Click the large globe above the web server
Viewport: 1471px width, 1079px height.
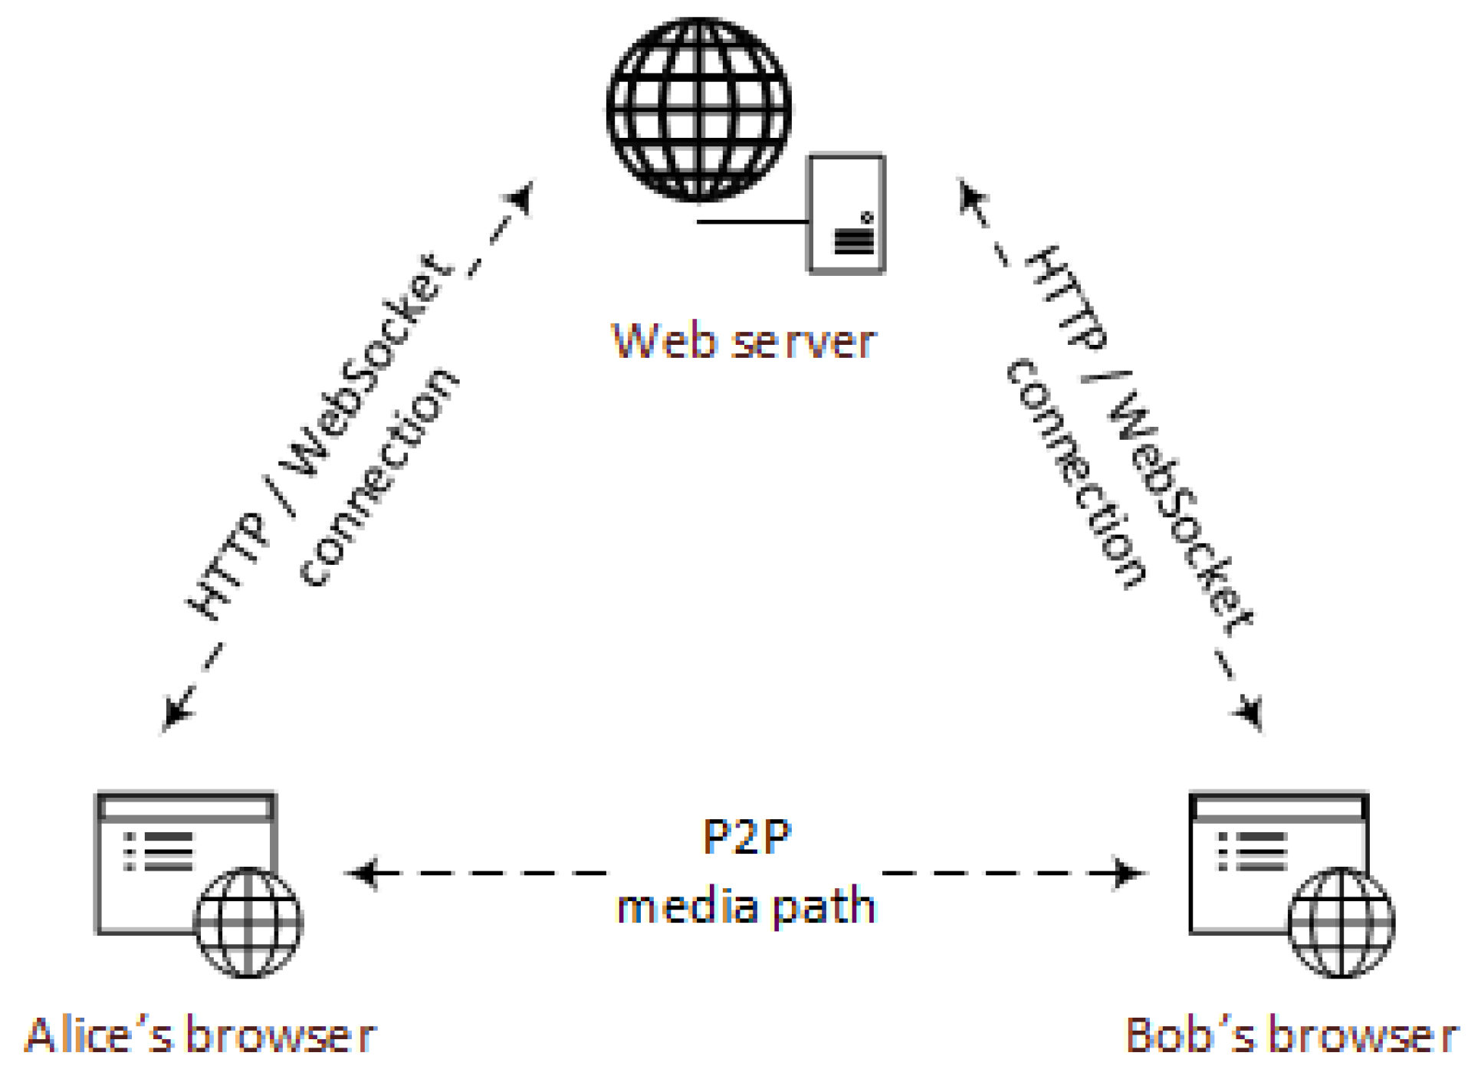(x=698, y=110)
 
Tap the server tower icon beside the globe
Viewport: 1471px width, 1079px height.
(x=846, y=214)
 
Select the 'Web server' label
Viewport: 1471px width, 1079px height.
(x=743, y=341)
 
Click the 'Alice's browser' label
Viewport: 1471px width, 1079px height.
(x=200, y=1035)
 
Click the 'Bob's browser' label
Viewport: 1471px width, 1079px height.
(x=1291, y=1035)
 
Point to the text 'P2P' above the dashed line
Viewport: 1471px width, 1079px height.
(x=746, y=837)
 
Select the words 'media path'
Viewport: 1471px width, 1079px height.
(x=746, y=907)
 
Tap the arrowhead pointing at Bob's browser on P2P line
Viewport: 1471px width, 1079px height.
(x=1129, y=872)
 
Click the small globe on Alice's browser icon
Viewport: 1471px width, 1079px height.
(x=248, y=922)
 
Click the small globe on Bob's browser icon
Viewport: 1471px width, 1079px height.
(x=1341, y=922)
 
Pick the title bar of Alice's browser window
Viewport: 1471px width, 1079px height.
(x=186, y=807)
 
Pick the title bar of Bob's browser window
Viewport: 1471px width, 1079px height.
(x=1279, y=807)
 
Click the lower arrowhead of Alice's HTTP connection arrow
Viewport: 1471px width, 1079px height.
(x=176, y=713)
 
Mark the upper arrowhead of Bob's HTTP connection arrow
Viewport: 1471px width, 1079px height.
(x=970, y=196)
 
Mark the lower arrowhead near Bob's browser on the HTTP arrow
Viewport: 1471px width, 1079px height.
(x=1249, y=712)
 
